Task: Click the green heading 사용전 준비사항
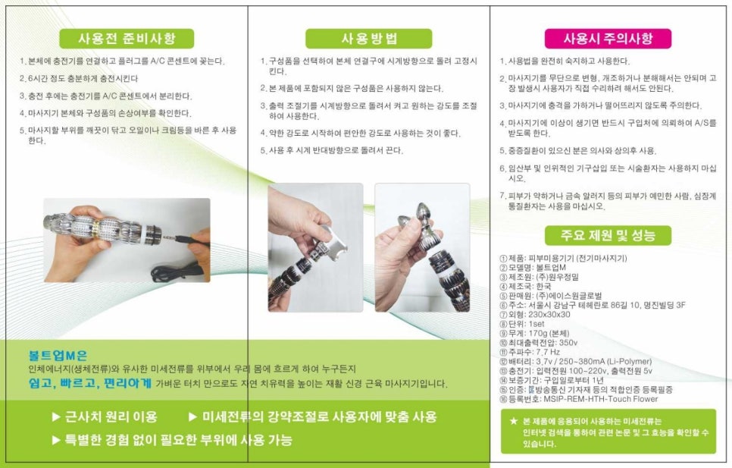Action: [x=127, y=38]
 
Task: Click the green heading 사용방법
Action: [x=369, y=38]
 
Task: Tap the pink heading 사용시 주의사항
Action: [x=608, y=38]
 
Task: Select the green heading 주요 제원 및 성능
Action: [x=608, y=235]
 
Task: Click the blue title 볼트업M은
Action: [x=58, y=356]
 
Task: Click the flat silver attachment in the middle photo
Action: [x=333, y=238]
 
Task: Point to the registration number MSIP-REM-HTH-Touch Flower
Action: [x=579, y=399]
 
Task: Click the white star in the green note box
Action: [x=514, y=421]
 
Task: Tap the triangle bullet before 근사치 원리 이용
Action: [x=56, y=416]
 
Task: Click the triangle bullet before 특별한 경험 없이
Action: [x=56, y=439]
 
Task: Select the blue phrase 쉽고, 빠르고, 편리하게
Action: [x=90, y=384]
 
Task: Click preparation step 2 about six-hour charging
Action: [x=79, y=78]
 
